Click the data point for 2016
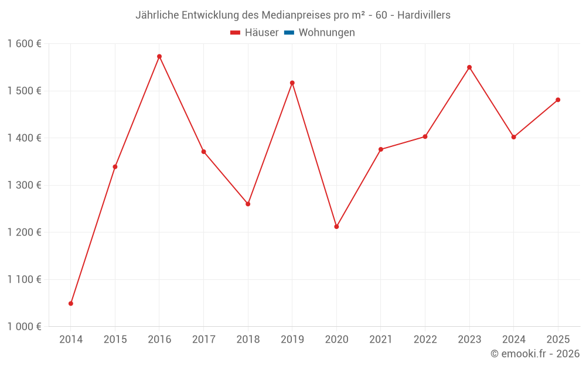pyautogui.click(x=159, y=57)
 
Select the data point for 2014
pyautogui.click(x=71, y=303)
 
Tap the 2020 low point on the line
pyautogui.click(x=336, y=227)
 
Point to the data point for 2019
pyautogui.click(x=292, y=83)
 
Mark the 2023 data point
pyautogui.click(x=469, y=67)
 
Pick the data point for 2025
pyautogui.click(x=558, y=100)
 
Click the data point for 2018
pyautogui.click(x=248, y=204)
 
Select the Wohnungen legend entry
pyautogui.click(x=326, y=33)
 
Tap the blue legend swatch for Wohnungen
pyautogui.click(x=288, y=33)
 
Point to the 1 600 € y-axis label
pyautogui.click(x=25, y=44)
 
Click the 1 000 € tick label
pyautogui.click(x=25, y=327)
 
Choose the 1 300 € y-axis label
pyautogui.click(x=25, y=185)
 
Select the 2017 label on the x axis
pyautogui.click(x=203, y=340)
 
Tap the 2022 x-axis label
pyautogui.click(x=425, y=340)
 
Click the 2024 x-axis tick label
pyautogui.click(x=513, y=340)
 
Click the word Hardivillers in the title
pyautogui.click(x=424, y=15)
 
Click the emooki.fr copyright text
pyautogui.click(x=535, y=354)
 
